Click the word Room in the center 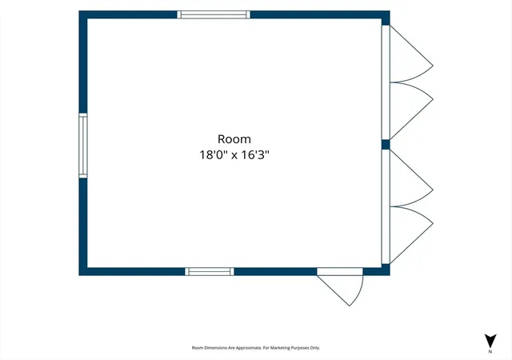coord(234,139)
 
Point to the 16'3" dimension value coord(255,154)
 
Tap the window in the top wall coord(214,14)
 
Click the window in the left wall coord(83,146)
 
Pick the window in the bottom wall coord(210,271)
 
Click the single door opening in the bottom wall coord(340,271)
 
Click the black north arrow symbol coord(490,341)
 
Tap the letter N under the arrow coord(490,351)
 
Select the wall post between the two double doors coord(386,144)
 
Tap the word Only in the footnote coord(315,348)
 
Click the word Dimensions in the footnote coord(215,348)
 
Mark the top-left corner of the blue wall coord(79,10)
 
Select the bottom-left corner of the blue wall coord(79,275)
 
